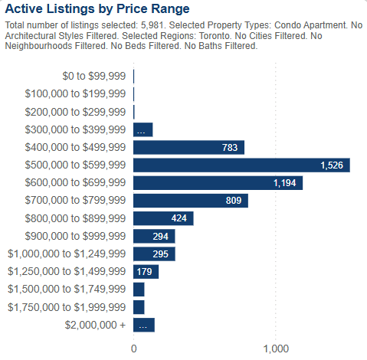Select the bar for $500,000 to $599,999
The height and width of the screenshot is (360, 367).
241,165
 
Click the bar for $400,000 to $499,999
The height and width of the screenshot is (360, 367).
188,147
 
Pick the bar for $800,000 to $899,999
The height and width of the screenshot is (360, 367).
163,218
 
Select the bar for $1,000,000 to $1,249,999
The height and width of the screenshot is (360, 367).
154,254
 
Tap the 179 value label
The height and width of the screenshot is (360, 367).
144,271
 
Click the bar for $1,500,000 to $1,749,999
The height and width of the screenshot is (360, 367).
139,289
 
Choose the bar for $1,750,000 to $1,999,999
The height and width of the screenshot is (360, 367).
139,307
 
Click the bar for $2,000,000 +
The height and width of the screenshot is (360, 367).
144,325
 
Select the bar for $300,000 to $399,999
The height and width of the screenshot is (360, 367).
143,129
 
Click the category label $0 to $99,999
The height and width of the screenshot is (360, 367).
93,76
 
